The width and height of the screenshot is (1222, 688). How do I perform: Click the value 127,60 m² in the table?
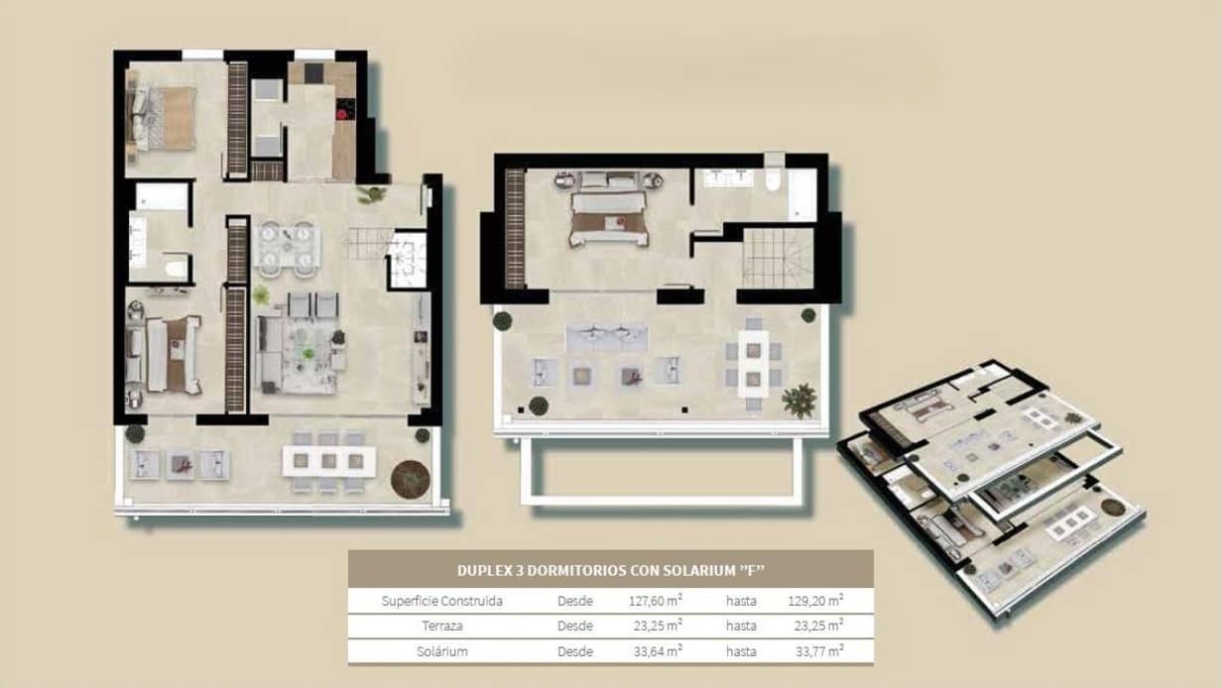(656, 600)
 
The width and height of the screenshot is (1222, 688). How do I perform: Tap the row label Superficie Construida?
(441, 601)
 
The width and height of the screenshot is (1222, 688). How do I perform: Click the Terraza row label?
(441, 626)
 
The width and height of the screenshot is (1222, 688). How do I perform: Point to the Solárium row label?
(441, 651)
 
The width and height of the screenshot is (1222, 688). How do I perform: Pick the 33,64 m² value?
(656, 651)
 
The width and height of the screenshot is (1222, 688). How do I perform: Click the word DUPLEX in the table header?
(483, 570)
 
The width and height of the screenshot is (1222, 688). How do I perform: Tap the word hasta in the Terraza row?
(741, 626)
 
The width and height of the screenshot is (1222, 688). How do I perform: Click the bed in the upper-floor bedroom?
(608, 218)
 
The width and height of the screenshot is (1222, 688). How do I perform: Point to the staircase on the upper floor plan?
(778, 257)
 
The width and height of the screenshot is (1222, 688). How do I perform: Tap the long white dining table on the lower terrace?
(328, 460)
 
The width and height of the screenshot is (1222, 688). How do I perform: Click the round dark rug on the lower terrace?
(410, 479)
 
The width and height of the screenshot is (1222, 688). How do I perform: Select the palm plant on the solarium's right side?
(798, 401)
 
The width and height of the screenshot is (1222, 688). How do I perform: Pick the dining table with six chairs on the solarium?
(753, 362)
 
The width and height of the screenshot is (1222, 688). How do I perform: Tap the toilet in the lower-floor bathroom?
(176, 268)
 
